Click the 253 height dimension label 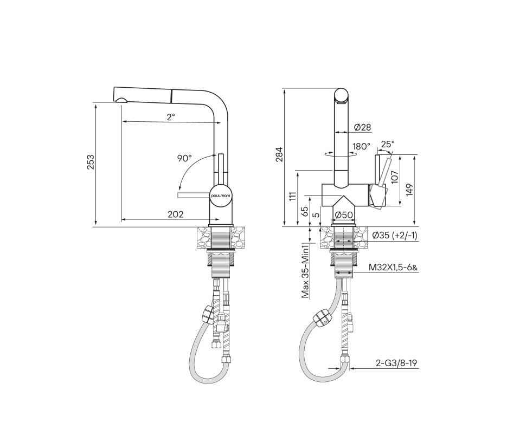tap(91, 162)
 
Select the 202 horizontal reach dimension tap(176, 214)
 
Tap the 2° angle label tap(171, 117)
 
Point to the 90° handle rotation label tap(184, 158)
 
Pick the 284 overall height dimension tap(279, 154)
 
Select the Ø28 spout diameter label tap(362, 127)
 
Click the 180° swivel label tap(361, 146)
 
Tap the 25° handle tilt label tap(388, 144)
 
